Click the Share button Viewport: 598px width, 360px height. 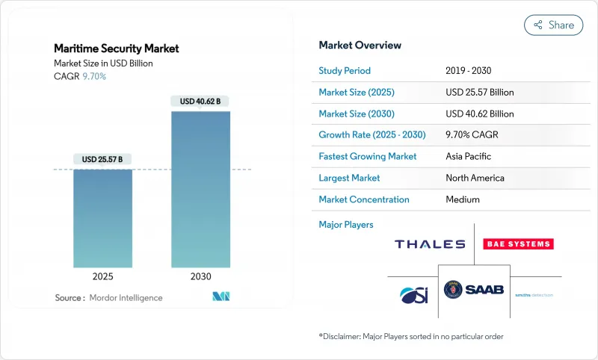tap(553, 25)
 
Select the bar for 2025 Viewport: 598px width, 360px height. tap(103, 218)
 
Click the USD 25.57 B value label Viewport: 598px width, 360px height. tap(103, 159)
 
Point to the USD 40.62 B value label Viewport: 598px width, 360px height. tap(200, 101)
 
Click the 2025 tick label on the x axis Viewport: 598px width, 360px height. tap(103, 276)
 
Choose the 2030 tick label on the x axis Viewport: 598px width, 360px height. tap(200, 276)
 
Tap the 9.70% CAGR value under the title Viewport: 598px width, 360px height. tap(94, 76)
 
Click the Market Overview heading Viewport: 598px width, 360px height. tap(360, 46)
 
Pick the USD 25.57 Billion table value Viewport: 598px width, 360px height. tap(479, 93)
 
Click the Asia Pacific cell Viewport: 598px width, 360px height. tap(469, 157)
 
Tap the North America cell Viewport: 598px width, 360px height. tap(475, 178)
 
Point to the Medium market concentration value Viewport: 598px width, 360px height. tap(462, 199)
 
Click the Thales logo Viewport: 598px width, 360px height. tap(429, 244)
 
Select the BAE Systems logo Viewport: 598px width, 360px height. tap(518, 244)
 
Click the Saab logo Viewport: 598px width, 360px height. tap(474, 289)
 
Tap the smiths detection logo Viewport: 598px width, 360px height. tap(534, 295)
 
